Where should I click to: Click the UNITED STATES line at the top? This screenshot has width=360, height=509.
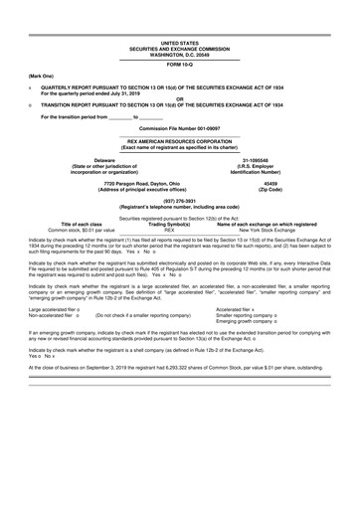pyautogui.click(x=179, y=16)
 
